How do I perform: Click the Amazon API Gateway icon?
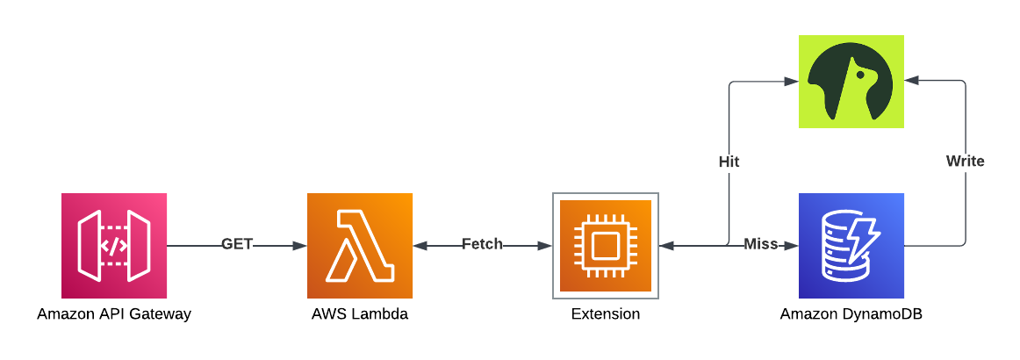point(114,246)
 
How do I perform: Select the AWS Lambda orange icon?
point(360,246)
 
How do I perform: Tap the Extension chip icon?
point(606,246)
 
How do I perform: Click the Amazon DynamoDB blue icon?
point(851,246)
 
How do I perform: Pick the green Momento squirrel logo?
point(851,82)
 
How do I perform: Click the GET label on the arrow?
point(237,244)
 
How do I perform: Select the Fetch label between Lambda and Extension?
point(483,244)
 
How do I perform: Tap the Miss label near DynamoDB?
point(761,244)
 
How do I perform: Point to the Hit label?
point(729,162)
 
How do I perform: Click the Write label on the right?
point(965,162)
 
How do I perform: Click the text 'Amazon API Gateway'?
point(114,314)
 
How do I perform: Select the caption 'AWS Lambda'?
point(360,314)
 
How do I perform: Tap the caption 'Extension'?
point(606,314)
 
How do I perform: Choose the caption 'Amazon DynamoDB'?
point(851,314)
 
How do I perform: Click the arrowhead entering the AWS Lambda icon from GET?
point(299,246)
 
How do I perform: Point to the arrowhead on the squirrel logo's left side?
point(791,82)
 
